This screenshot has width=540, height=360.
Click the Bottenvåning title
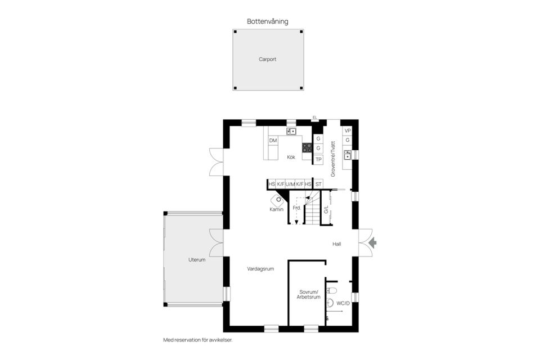[268, 21]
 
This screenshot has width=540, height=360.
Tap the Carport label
[268, 59]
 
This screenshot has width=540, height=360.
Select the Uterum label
[197, 260]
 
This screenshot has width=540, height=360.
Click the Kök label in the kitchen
[291, 157]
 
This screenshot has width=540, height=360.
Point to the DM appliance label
[273, 141]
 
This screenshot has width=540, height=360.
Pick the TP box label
[318, 160]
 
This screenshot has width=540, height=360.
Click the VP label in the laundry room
[348, 131]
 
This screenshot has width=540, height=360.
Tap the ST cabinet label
[318, 184]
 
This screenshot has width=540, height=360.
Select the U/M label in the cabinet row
[290, 184]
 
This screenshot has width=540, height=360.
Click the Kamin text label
[277, 209]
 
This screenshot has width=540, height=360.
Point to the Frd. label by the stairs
[297, 208]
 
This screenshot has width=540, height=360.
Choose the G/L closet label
[326, 209]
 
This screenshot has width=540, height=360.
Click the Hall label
[337, 244]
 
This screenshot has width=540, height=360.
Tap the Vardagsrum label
[260, 269]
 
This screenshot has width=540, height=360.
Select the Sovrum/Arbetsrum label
[309, 294]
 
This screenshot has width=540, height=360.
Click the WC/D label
[343, 303]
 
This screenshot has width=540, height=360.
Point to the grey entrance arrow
[372, 243]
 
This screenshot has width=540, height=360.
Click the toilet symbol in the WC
[331, 290]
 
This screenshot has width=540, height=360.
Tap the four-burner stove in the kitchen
[307, 148]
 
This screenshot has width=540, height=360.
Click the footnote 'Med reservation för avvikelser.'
[197, 340]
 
